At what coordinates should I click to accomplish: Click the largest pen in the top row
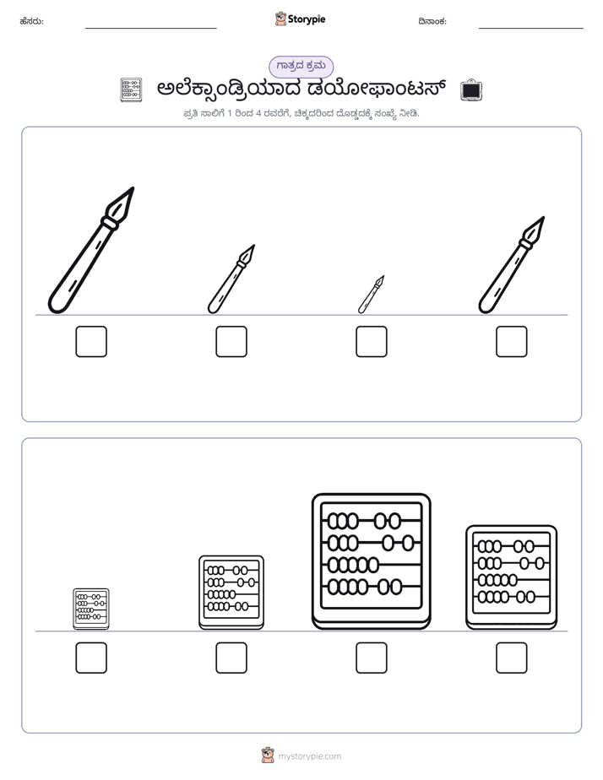[91, 251]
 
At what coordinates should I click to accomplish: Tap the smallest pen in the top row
[371, 295]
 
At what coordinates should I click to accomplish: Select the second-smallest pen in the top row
[231, 279]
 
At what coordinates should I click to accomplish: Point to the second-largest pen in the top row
[512, 265]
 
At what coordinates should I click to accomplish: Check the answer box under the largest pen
[91, 342]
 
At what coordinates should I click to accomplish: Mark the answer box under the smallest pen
[371, 342]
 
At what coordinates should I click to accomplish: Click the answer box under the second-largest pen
[512, 342]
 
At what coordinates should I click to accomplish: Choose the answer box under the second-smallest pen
[231, 342]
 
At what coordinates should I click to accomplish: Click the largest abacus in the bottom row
[371, 561]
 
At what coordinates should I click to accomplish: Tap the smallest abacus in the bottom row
[91, 609]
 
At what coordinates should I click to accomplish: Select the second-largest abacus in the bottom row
[512, 577]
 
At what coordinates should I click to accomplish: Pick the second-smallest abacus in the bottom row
[231, 593]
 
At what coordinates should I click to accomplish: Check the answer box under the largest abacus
[371, 658]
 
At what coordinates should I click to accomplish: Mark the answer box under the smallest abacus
[91, 658]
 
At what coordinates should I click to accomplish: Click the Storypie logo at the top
[300, 19]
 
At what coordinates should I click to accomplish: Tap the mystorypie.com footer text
[309, 756]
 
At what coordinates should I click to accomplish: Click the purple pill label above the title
[301, 67]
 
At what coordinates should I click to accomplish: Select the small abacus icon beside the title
[132, 90]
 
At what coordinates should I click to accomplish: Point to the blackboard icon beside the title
[470, 90]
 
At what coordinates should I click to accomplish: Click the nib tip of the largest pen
[133, 188]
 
